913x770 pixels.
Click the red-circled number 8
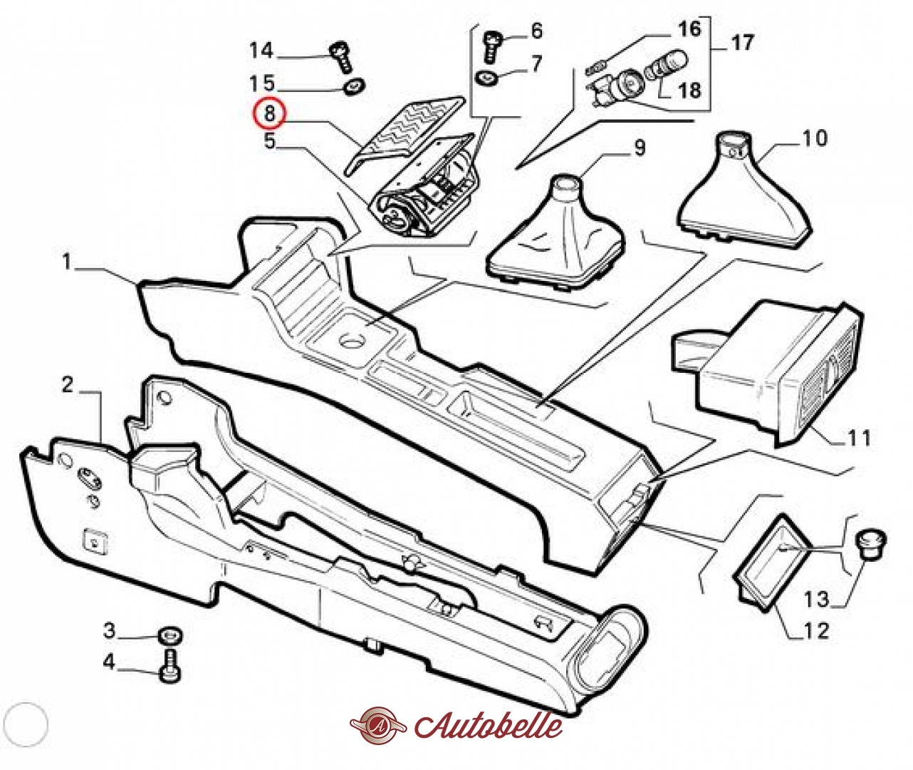click(270, 113)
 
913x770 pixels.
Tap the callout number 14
click(261, 51)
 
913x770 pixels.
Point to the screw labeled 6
click(492, 44)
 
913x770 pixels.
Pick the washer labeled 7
click(488, 78)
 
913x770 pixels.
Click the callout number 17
click(742, 43)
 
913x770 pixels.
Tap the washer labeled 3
click(170, 635)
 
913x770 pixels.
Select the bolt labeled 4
click(170, 666)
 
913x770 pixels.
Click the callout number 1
click(66, 263)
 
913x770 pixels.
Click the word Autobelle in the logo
click(488, 725)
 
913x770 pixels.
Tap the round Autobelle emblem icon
click(377, 726)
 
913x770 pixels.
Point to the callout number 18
click(689, 91)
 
